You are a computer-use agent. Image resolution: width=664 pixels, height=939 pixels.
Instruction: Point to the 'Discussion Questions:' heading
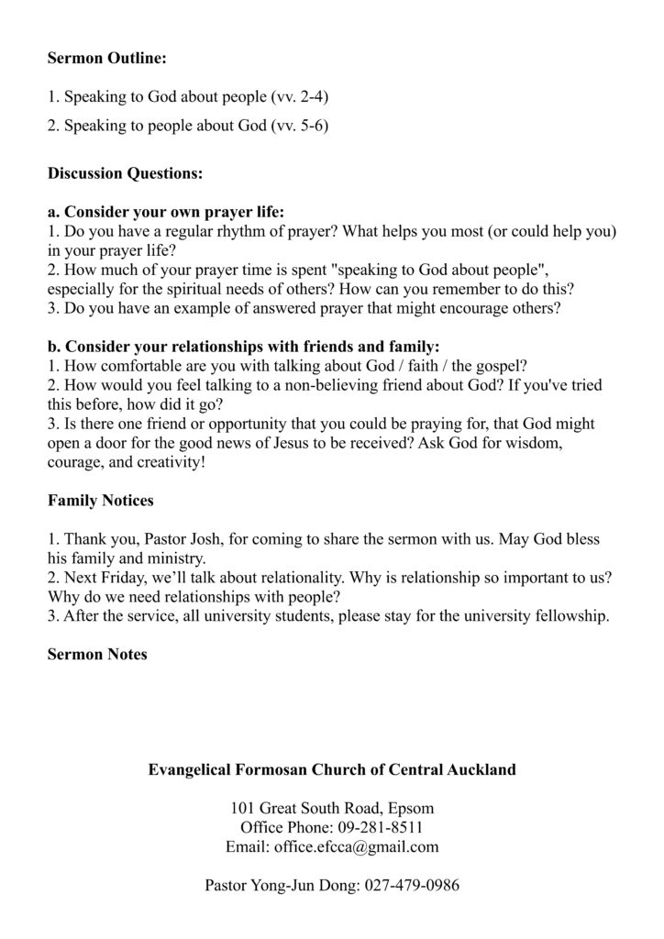coord(125,172)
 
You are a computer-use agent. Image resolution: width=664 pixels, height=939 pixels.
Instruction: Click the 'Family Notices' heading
coord(100,501)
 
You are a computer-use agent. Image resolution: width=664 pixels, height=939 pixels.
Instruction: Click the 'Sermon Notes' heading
coord(97,655)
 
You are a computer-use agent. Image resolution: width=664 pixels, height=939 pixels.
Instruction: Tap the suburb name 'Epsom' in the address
coord(411,809)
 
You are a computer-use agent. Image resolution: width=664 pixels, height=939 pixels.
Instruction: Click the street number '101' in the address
coord(242,809)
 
